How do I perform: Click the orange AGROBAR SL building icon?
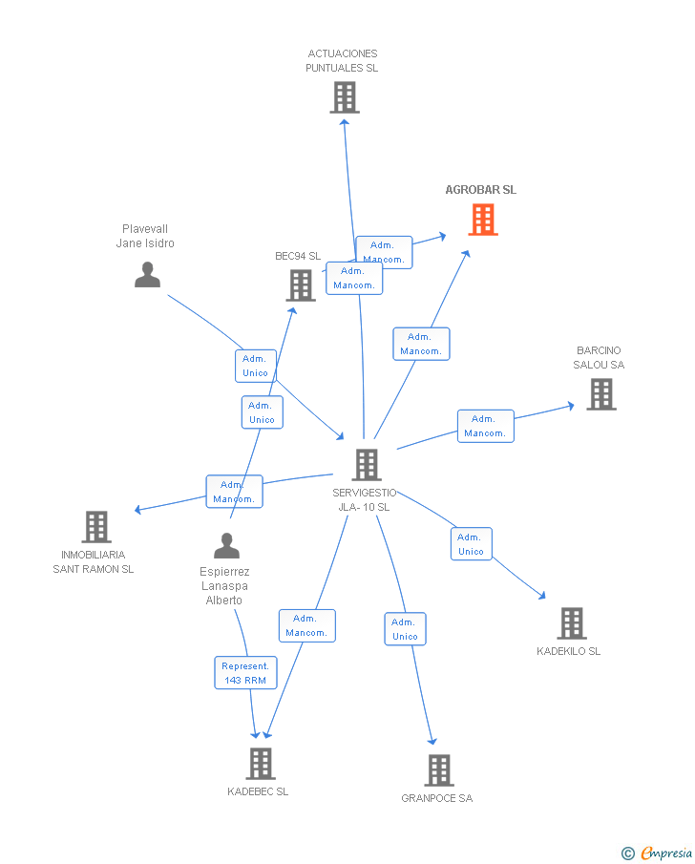(483, 220)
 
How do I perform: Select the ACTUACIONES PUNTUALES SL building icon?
(345, 97)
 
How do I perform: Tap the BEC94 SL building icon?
(301, 284)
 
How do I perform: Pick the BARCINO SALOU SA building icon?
(600, 394)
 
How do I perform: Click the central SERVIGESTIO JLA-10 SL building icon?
(367, 465)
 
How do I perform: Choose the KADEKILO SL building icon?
(572, 623)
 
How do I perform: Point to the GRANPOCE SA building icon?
(438, 769)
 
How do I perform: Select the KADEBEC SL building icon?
(261, 764)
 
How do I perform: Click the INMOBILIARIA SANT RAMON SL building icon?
(96, 527)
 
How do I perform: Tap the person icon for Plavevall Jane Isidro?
(147, 275)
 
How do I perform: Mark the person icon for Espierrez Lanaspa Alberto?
(226, 546)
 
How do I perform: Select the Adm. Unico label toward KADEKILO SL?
(471, 544)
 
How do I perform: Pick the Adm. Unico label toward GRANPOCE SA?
(405, 629)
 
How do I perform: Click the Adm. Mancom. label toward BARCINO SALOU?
(485, 426)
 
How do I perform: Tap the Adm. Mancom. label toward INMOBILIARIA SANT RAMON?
(234, 492)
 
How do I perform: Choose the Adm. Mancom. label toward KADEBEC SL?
(306, 625)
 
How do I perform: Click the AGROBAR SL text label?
(480, 190)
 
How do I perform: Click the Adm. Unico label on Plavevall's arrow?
(255, 366)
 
